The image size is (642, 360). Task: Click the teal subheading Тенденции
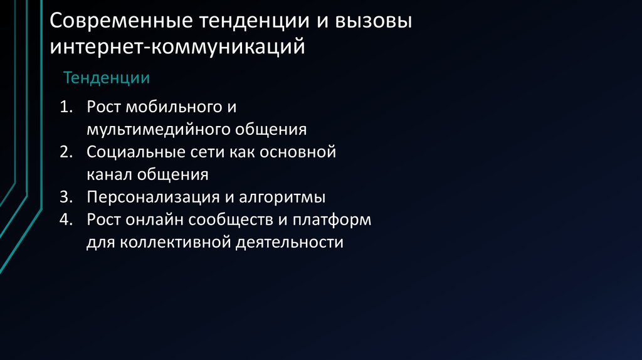click(106, 78)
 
